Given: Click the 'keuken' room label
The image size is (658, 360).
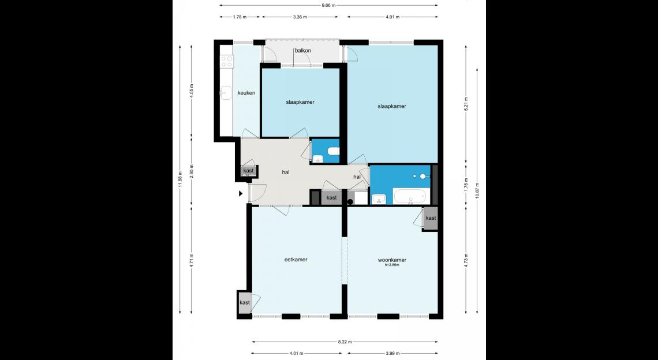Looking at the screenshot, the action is pyautogui.click(x=246, y=93).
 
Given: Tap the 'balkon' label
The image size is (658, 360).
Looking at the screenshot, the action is pyautogui.click(x=303, y=50).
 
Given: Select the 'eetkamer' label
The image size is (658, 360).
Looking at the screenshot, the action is pyautogui.click(x=296, y=259).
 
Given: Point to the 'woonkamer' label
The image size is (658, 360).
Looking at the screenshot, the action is pyautogui.click(x=392, y=260).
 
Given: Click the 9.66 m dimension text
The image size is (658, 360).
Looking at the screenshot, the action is pyautogui.click(x=328, y=5).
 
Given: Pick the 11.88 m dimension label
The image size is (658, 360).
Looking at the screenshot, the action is pyautogui.click(x=180, y=179).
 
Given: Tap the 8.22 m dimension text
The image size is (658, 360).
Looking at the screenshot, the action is pyautogui.click(x=345, y=342).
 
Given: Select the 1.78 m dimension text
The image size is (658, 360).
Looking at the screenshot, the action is pyautogui.click(x=239, y=17).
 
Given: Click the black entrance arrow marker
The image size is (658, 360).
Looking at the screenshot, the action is pyautogui.click(x=241, y=193).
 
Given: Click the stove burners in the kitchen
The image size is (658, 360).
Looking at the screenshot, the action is pyautogui.click(x=227, y=61).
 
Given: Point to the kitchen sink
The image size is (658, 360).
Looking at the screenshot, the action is pyautogui.click(x=226, y=93).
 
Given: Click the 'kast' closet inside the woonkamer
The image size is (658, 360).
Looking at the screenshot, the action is pyautogui.click(x=431, y=218).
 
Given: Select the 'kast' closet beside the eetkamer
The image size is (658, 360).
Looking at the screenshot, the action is pyautogui.click(x=244, y=302).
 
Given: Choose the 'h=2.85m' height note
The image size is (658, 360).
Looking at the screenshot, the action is pyautogui.click(x=392, y=265).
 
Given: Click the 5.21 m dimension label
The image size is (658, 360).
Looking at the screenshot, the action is pyautogui.click(x=466, y=104).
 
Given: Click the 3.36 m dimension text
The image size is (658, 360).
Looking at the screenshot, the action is pyautogui.click(x=300, y=17).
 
